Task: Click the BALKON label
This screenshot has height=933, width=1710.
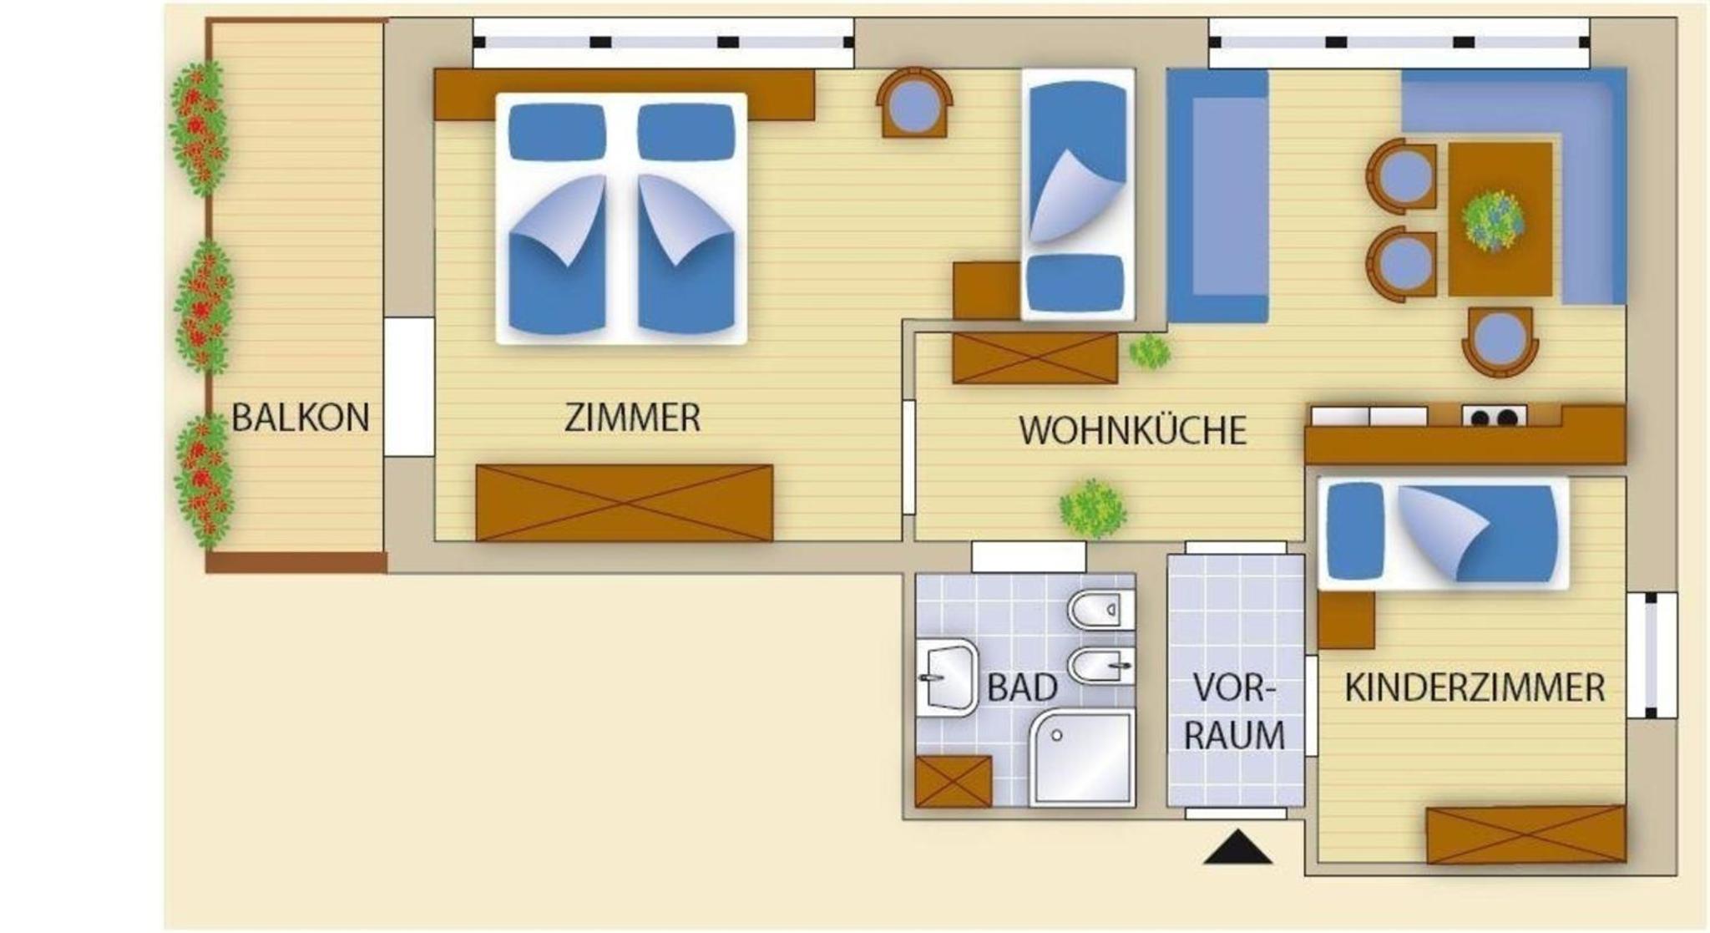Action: pos(301,417)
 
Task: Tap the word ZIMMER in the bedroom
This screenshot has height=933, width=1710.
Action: pos(632,418)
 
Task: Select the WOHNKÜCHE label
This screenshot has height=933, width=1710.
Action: pos(1132,430)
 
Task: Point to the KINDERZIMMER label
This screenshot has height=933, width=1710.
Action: pos(1475,687)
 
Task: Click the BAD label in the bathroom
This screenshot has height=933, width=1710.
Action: pos(1023,687)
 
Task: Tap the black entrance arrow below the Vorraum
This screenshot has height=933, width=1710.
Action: pos(1238,846)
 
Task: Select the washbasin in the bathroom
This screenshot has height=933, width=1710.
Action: pos(947,678)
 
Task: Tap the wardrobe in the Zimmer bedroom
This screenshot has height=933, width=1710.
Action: pos(625,503)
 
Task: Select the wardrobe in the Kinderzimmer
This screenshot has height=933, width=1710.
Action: pos(1526,834)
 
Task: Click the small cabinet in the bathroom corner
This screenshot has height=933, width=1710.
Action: pos(954,781)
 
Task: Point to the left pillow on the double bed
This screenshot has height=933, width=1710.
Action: pos(557,132)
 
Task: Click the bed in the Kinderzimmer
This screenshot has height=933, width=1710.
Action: pos(1443,532)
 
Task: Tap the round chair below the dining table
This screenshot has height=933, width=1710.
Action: pos(1500,341)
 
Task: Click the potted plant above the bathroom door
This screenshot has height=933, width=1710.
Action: pos(1092,508)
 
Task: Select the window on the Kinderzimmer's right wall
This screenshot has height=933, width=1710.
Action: pos(1652,655)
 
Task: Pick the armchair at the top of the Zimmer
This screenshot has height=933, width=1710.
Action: pos(914,103)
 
